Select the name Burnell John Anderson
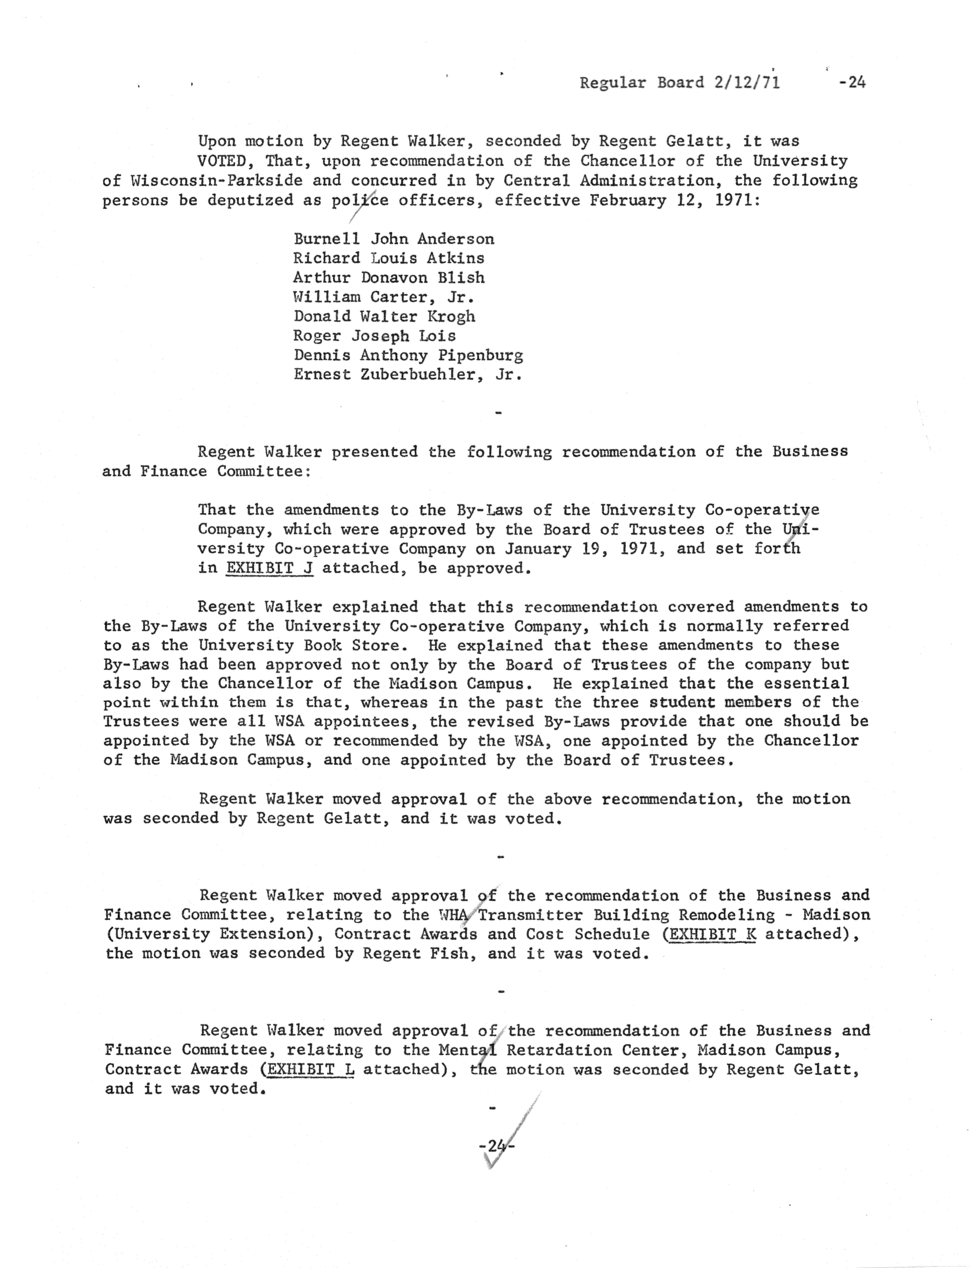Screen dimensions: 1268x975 coord(393,239)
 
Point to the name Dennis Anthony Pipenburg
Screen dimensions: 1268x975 coord(408,355)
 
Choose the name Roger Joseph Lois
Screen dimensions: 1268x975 coord(374,336)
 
